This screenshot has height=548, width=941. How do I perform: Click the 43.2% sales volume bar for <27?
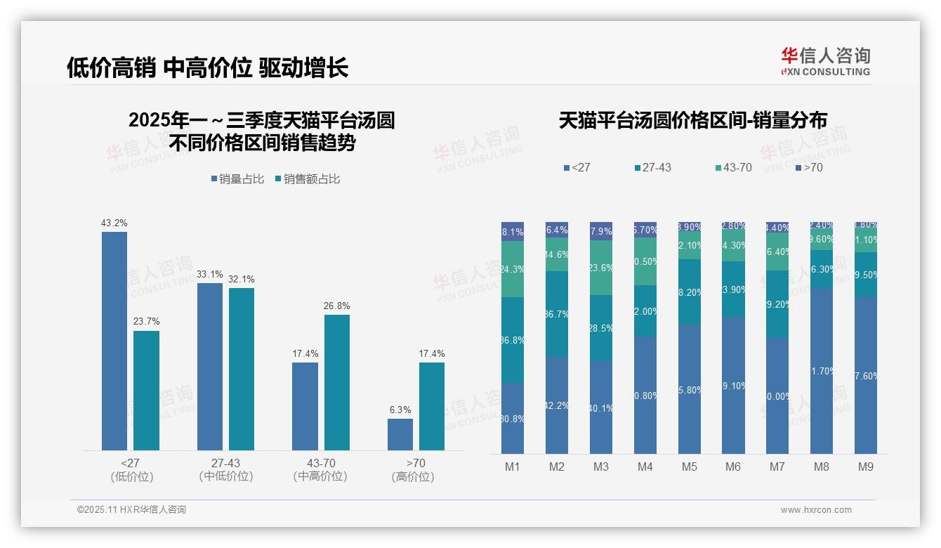[x=114, y=341]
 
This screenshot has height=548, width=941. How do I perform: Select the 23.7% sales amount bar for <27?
[x=146, y=390]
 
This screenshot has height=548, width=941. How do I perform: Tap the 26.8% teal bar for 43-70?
[x=337, y=382]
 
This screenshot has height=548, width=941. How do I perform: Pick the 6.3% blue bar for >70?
[x=400, y=434]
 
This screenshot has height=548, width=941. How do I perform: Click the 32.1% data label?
[x=241, y=279]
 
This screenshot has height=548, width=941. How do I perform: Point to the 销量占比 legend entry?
[x=237, y=179]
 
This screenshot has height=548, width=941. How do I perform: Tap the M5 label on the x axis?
[x=689, y=467]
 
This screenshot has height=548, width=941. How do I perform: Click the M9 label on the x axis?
[x=865, y=467]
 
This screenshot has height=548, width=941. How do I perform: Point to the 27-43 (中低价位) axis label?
[x=225, y=469]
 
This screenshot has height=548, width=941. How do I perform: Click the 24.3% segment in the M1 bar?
[x=513, y=269]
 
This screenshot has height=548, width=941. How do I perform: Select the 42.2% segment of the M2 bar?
[x=557, y=405]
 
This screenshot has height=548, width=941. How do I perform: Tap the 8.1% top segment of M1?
[x=513, y=232]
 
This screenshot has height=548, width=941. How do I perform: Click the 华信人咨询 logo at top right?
[x=825, y=61]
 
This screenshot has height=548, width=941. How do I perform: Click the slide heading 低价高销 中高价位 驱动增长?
[x=207, y=68]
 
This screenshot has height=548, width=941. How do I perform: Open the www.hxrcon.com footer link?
[x=816, y=510]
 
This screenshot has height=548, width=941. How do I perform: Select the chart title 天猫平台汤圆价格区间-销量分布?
[x=692, y=120]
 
